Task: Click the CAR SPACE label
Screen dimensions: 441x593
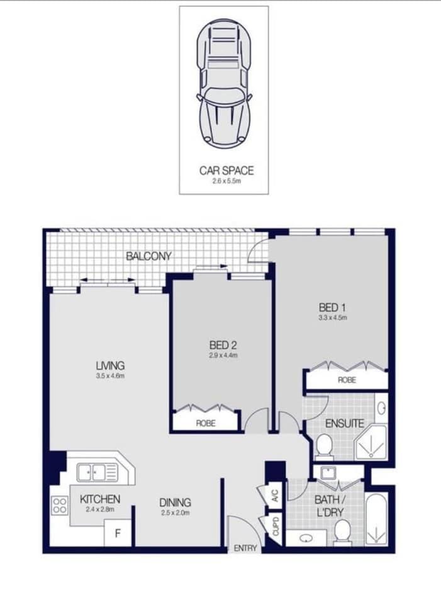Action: (x=226, y=170)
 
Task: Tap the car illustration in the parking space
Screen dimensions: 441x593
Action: (x=224, y=83)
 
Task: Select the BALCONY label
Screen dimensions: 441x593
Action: (x=148, y=257)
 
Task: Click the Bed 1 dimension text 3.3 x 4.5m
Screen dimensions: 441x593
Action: (x=333, y=318)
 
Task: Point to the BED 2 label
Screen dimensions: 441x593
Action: (x=223, y=345)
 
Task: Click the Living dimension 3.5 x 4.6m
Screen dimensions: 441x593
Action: (x=110, y=376)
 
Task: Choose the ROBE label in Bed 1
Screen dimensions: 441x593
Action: (x=347, y=380)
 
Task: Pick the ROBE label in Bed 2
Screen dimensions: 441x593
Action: (x=206, y=423)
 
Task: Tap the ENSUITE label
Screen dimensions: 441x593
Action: (x=344, y=423)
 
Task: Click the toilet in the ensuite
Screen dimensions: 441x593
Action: (x=324, y=447)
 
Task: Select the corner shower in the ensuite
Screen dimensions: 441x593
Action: (x=371, y=443)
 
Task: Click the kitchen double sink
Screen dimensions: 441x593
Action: (x=98, y=472)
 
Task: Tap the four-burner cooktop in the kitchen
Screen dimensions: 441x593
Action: (x=60, y=506)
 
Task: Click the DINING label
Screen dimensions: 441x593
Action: (x=175, y=502)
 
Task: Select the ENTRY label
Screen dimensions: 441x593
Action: (x=245, y=548)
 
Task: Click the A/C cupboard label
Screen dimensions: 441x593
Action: (x=276, y=495)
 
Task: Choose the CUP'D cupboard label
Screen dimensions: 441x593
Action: (x=276, y=526)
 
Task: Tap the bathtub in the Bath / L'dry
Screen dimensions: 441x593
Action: (x=376, y=519)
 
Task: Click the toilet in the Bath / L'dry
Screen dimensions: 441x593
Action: (x=343, y=533)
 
